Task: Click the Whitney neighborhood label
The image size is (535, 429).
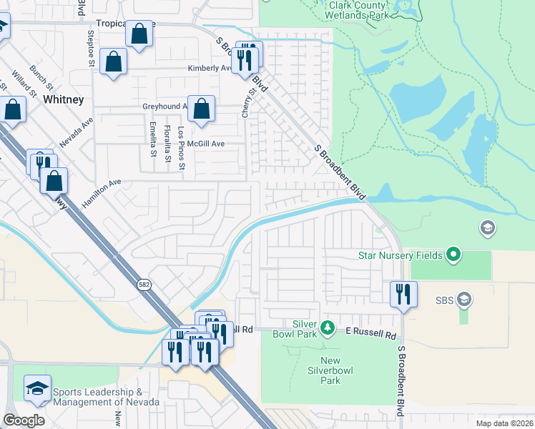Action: point(63,99)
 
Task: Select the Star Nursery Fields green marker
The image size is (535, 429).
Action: point(453,254)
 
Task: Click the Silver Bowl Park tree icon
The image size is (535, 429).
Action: point(327,327)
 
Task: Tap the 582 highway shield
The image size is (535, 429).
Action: point(143,284)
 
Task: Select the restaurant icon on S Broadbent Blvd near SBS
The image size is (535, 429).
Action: point(403,293)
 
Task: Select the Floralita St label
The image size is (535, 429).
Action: point(167,141)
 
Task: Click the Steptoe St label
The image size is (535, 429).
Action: point(91,48)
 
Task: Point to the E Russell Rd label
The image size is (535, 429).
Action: point(370,334)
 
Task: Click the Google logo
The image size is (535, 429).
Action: point(24,420)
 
